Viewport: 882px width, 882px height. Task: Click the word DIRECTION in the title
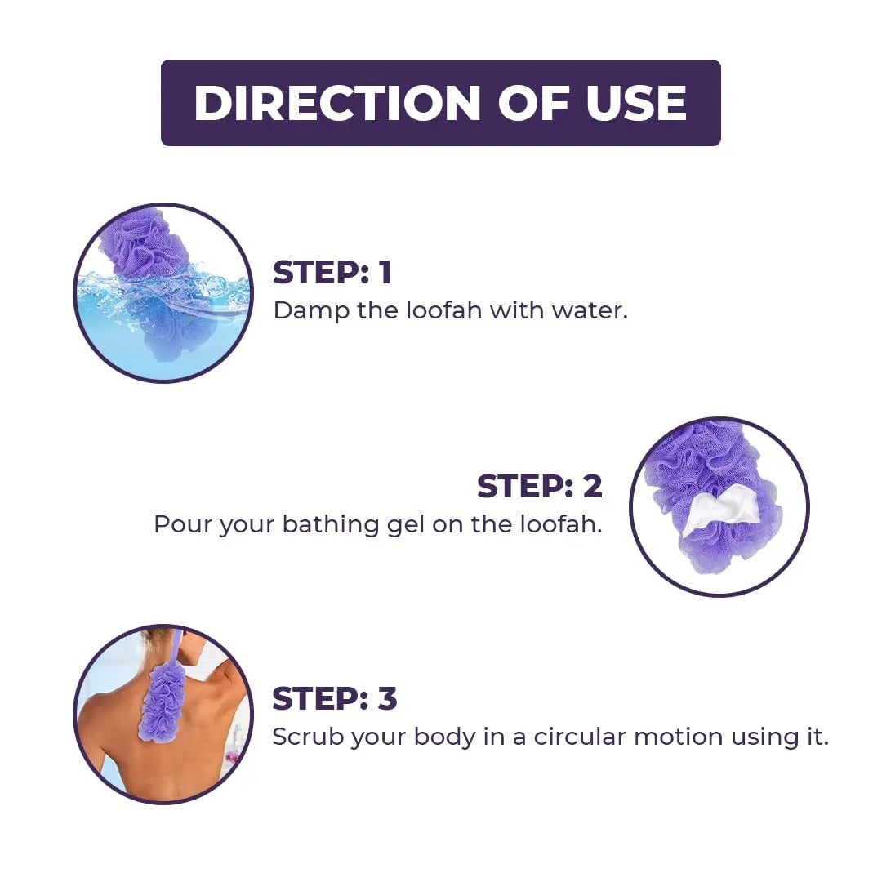337,103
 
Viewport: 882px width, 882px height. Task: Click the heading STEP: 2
540,486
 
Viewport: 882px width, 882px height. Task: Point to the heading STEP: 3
335,698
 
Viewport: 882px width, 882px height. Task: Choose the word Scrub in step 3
308,737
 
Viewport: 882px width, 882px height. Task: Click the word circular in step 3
579,737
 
